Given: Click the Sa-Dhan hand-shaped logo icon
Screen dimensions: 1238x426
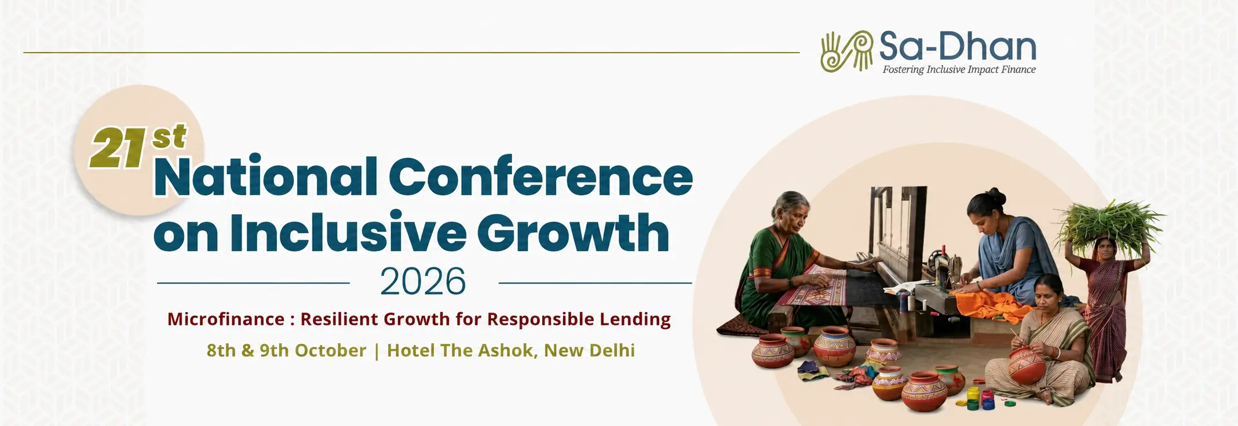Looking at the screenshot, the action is (x=846, y=51).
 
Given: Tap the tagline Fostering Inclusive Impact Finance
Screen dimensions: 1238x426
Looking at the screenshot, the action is (x=959, y=69).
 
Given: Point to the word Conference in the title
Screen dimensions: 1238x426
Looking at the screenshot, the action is (x=541, y=176).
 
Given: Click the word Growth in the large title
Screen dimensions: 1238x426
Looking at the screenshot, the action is (x=573, y=233).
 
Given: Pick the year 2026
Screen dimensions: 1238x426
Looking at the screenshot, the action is (x=423, y=282).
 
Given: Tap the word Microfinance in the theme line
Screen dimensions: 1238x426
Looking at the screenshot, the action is (x=226, y=319).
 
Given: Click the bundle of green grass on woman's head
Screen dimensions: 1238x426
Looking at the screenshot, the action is (x=1109, y=225).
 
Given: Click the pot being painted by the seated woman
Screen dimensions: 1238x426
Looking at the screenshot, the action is (x=1027, y=365).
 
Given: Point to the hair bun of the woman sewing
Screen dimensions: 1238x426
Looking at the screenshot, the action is (x=994, y=192).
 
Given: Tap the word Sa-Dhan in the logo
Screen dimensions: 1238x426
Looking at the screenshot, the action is (x=958, y=46).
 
